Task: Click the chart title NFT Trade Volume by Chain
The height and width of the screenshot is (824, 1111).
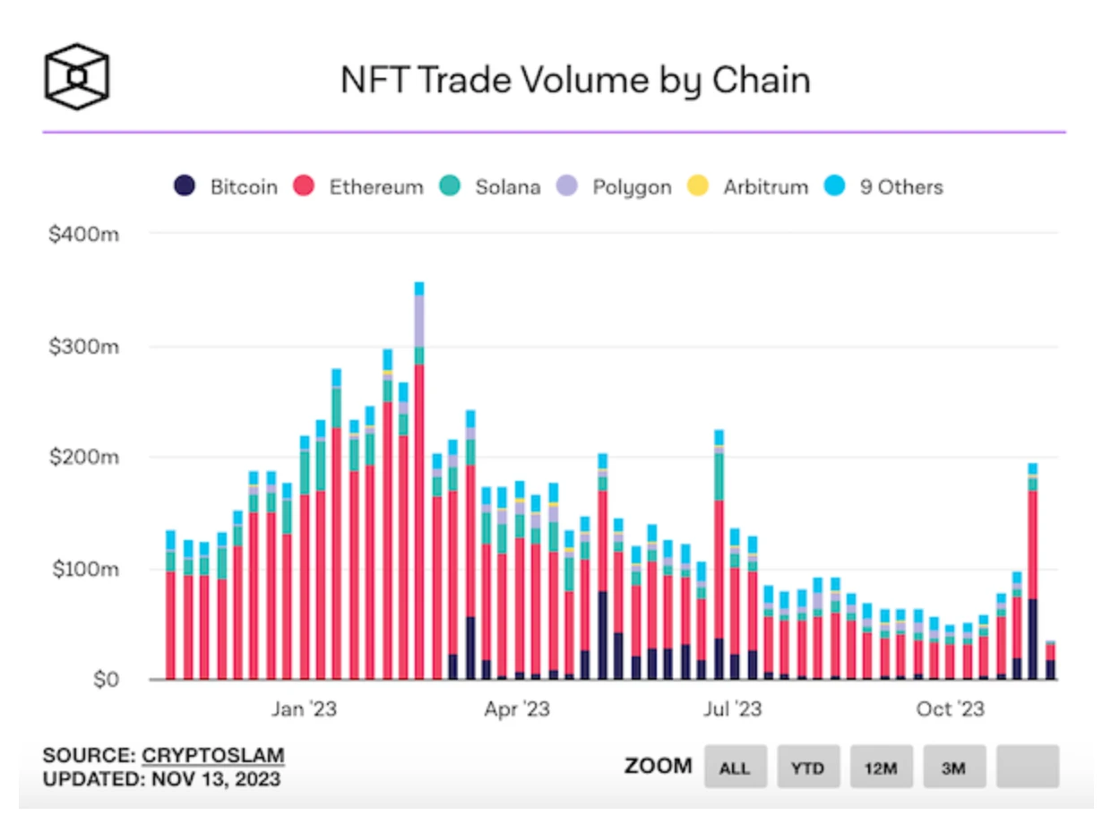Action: [575, 80]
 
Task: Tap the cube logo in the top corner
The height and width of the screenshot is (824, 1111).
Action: [77, 73]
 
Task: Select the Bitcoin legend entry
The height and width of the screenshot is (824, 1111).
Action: [226, 187]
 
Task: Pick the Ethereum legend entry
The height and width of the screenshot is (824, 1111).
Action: [360, 187]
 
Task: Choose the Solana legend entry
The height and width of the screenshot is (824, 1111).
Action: [490, 187]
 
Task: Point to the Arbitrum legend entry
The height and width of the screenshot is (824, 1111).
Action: [748, 187]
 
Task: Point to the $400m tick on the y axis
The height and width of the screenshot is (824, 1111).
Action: [88, 234]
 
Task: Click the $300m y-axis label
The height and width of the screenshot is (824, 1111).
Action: [88, 346]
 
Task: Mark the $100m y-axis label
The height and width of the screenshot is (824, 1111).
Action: [88, 569]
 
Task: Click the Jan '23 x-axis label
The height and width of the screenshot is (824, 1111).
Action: [304, 709]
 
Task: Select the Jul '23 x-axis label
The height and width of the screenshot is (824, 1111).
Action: [733, 709]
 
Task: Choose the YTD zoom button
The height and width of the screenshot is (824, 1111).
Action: [808, 767]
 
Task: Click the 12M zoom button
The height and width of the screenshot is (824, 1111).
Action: [882, 767]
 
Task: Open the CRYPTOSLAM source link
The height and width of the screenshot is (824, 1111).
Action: [213, 755]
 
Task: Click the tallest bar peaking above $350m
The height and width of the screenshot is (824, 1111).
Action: [418, 484]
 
